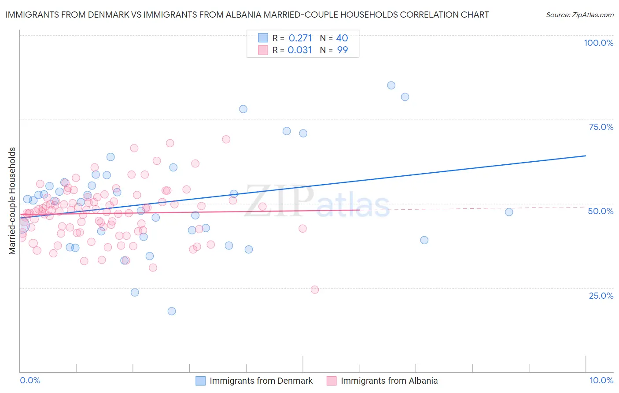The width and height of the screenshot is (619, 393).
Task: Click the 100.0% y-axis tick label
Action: tap(598, 43)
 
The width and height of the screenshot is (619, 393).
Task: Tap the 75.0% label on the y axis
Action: tap(601, 127)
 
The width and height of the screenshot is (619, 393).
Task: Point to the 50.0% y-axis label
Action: tap(601, 211)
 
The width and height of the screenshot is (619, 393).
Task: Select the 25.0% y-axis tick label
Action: tap(601, 295)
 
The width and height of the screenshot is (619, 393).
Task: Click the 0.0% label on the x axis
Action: tap(30, 380)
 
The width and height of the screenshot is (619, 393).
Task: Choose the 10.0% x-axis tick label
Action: tap(601, 380)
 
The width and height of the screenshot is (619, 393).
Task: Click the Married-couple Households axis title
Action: tap(12, 200)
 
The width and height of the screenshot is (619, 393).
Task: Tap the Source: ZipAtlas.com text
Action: tap(579, 15)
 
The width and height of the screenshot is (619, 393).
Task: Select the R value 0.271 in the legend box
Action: tap(300, 38)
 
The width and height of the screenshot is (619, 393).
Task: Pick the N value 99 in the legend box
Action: tap(342, 50)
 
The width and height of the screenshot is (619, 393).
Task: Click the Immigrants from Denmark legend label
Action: tap(261, 381)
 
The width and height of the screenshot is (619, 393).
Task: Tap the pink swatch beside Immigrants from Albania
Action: tap(332, 381)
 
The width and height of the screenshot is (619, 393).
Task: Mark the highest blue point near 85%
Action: tap(391, 85)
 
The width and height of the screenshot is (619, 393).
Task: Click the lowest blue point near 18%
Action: tap(172, 311)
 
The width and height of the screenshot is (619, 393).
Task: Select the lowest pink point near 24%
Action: tap(315, 289)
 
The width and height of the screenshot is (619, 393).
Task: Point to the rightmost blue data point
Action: tap(509, 212)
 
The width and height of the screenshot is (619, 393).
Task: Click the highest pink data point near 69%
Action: tap(226, 139)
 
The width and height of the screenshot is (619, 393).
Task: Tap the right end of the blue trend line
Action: tap(586, 156)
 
